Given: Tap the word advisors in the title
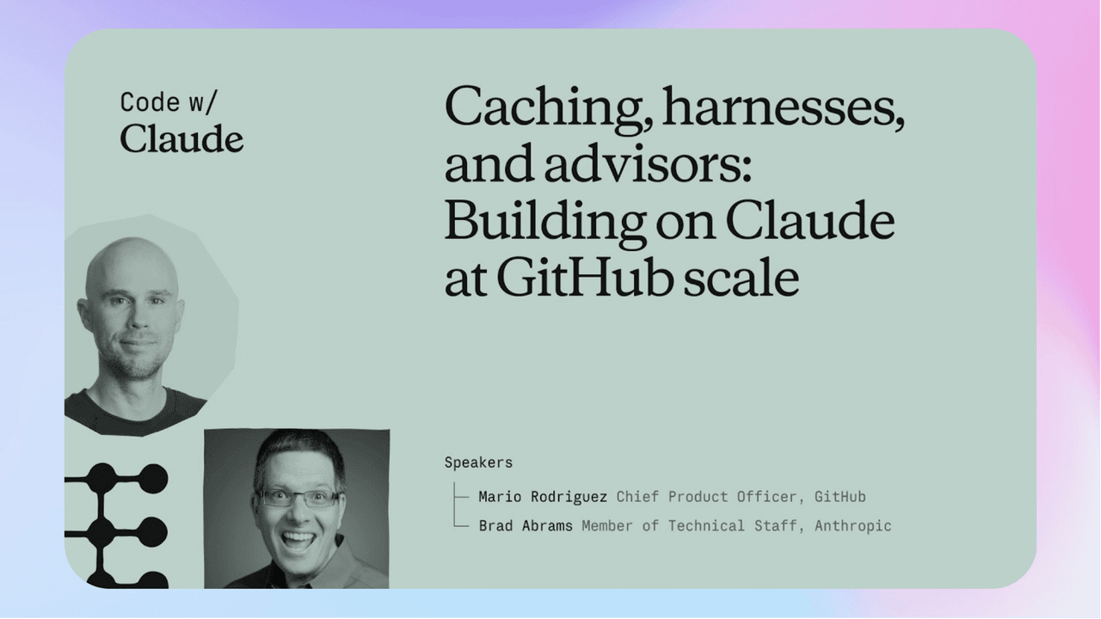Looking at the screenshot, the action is coord(648,163).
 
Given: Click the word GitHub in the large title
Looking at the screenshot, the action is coord(585,277).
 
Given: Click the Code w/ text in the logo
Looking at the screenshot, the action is coord(168,102).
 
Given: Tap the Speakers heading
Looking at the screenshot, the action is coord(478,463).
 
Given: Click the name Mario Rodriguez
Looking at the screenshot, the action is coord(543,497).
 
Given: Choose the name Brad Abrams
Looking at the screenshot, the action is coord(526,526).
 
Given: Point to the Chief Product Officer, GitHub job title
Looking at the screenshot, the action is coord(741,497).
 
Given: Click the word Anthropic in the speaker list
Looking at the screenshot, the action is coord(852,526).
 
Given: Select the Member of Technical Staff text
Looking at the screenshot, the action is coord(689,526).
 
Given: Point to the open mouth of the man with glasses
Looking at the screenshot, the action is coord(298,542).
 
